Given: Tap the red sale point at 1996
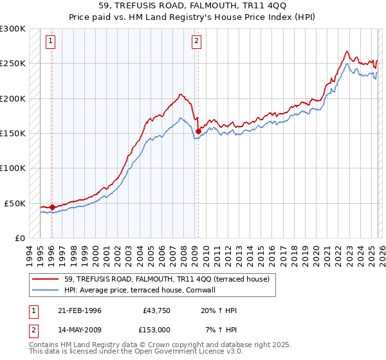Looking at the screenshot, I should point(51,208).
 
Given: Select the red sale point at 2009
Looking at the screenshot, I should point(198,131).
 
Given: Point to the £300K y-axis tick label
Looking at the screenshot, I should point(13,29).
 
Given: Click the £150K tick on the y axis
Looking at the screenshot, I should point(13,134).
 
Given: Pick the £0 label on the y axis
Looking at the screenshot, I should point(19,238).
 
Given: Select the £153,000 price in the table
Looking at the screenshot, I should point(156,330).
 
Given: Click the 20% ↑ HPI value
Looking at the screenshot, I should point(218,310).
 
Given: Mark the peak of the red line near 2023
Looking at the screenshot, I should point(347,51).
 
